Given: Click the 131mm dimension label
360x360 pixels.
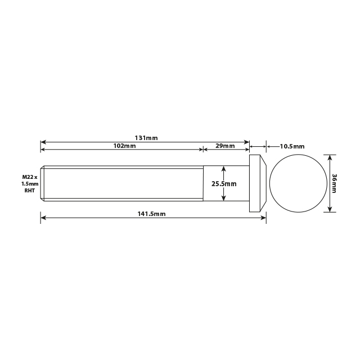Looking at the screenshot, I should tap(146, 137).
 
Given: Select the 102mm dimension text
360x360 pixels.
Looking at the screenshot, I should tap(124, 146).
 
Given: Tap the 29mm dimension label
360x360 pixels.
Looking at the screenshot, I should tap(226, 146).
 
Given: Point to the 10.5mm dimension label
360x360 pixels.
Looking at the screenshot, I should tap(292, 146).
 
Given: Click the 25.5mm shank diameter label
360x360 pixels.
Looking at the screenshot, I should tap(224, 183).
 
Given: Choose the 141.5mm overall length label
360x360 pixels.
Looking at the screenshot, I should tap(152, 214).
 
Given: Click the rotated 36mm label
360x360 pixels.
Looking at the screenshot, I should tap(335, 183).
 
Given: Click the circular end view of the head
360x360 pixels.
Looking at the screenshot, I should tap(298, 183).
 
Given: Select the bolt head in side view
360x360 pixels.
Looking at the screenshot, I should tap(257, 183).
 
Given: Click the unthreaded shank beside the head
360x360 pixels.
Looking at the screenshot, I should tap(214, 183).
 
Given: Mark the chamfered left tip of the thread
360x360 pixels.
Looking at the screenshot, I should tap(42, 183).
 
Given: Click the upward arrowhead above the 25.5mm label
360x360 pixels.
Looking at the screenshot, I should tap(224, 168).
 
